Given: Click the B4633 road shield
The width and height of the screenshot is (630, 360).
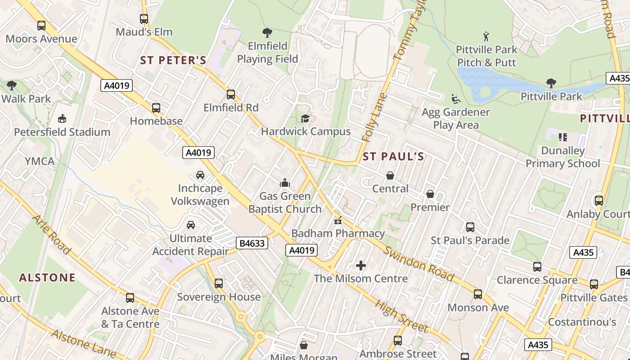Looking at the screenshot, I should click(252, 243).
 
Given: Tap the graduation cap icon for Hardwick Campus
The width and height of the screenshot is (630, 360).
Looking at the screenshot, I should click(305, 118).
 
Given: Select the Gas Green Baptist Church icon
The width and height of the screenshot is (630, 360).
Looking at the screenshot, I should click(284, 183).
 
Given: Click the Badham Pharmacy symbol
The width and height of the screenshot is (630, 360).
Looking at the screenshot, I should click(337, 220).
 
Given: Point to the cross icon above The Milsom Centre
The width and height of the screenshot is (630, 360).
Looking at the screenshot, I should click(360, 265).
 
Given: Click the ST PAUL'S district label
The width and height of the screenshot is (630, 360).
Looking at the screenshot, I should click(393, 157).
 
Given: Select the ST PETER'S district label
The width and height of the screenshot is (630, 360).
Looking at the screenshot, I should click(173, 60).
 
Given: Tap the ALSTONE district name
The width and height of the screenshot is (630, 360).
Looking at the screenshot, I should click(47, 278).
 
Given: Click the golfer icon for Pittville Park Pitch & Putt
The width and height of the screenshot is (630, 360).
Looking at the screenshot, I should click(486, 36).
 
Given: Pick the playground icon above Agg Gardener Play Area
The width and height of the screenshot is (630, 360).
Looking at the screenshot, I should click(455, 99).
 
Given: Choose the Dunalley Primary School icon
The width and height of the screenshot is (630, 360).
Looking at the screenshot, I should click(562, 137).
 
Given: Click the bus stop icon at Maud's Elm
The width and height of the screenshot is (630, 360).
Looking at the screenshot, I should click(144, 19).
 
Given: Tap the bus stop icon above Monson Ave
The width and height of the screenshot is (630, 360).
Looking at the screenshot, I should click(477, 294).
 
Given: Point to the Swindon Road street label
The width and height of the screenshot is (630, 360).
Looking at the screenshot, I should click(418, 264).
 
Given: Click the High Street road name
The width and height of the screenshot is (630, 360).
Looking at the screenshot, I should click(401, 316).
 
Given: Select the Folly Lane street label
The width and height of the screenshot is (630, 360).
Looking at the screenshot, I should click(373, 117).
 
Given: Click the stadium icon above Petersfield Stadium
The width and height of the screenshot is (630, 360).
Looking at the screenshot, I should click(62, 119).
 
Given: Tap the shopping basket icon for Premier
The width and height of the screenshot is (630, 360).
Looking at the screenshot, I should click(430, 194).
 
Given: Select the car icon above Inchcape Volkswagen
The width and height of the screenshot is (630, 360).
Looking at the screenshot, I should click(200, 175).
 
